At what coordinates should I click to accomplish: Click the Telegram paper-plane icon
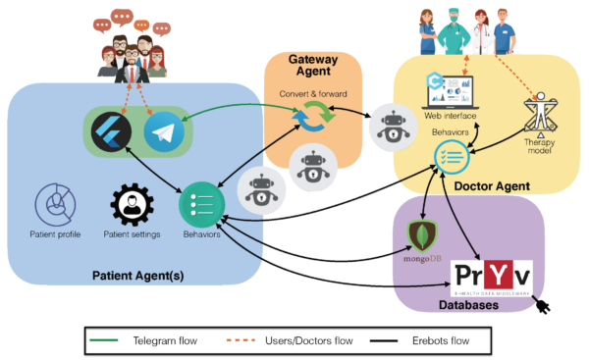(164, 132)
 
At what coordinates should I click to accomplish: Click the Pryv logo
(491, 278)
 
